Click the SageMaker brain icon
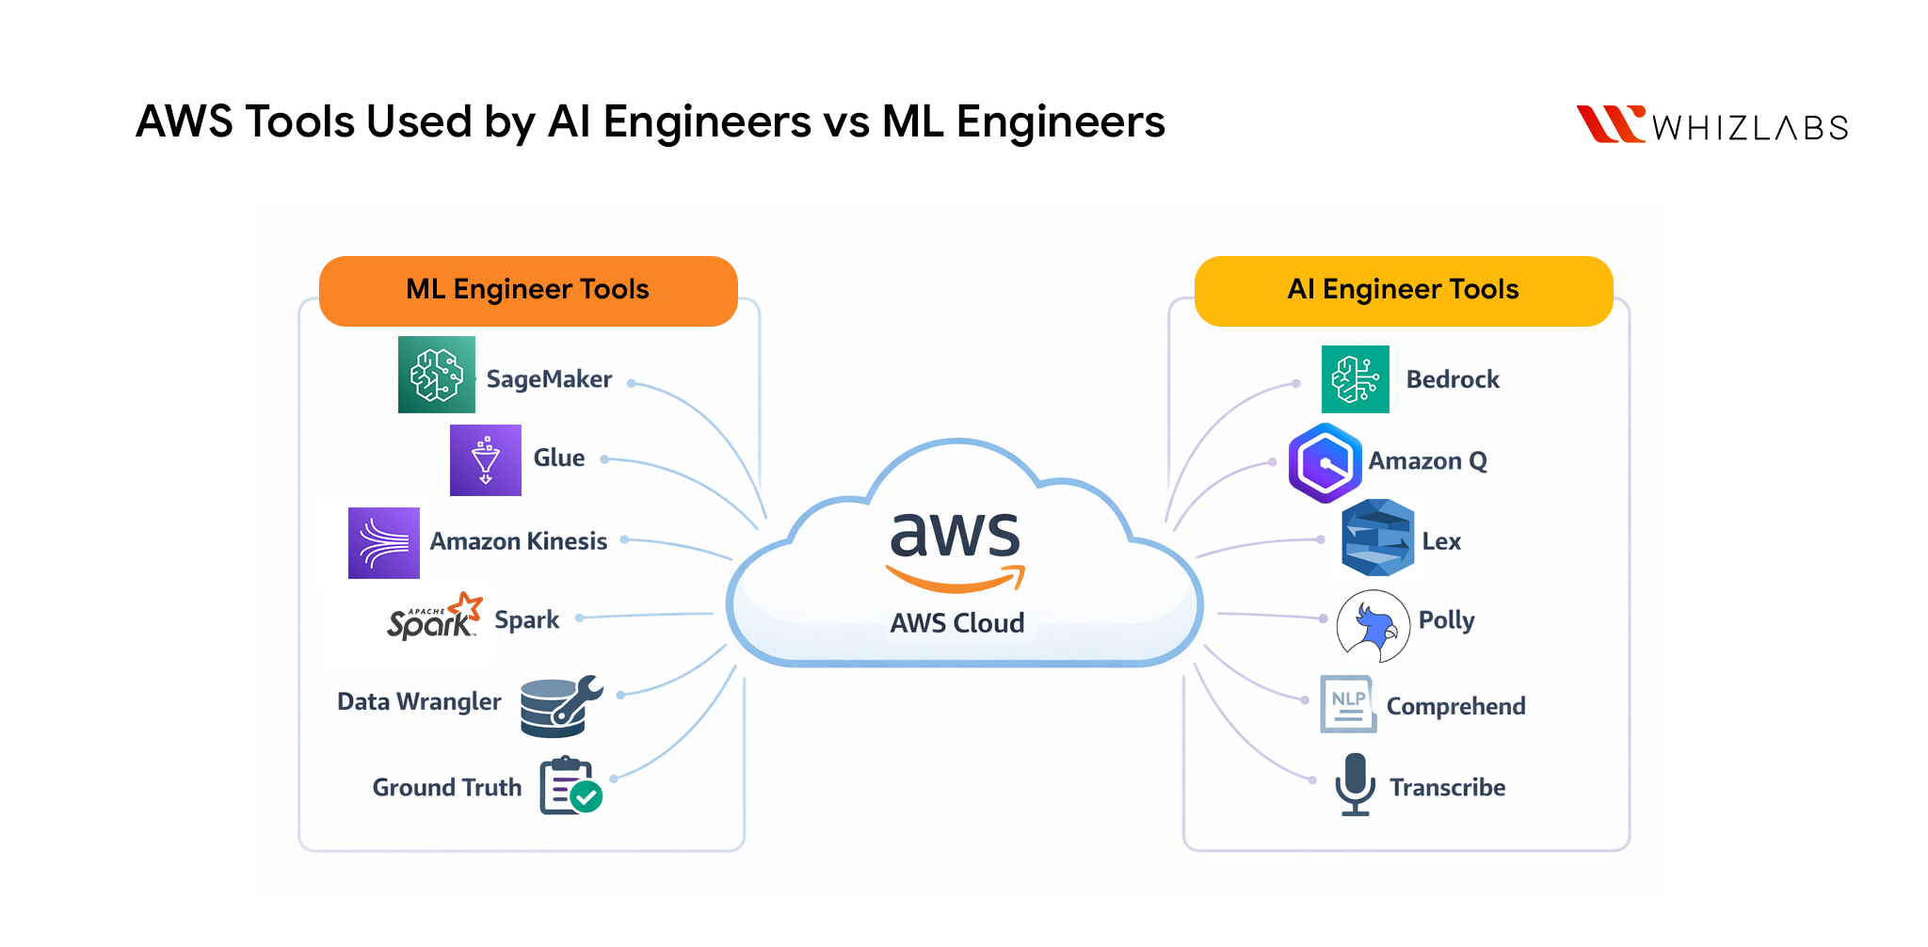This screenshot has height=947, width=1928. click(436, 375)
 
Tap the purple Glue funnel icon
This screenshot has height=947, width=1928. click(485, 460)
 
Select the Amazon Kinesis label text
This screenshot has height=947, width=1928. click(518, 541)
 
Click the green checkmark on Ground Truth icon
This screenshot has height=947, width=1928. click(586, 797)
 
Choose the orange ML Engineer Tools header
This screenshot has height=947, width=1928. click(527, 290)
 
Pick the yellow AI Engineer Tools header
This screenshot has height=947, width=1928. click(1403, 290)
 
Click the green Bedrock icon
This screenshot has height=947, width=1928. click(1355, 379)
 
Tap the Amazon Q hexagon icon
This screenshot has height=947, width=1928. click(1325, 462)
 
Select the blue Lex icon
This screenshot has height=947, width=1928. click(1377, 538)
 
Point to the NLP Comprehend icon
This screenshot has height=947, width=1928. click(1347, 704)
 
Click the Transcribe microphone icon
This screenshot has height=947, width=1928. click(1355, 784)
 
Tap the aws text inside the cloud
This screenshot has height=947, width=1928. click(955, 535)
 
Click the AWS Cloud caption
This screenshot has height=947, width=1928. click(957, 623)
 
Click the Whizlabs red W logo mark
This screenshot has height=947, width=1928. click(1610, 123)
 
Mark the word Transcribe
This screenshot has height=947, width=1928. click(1447, 788)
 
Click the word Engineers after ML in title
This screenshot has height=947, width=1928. click(1060, 122)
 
